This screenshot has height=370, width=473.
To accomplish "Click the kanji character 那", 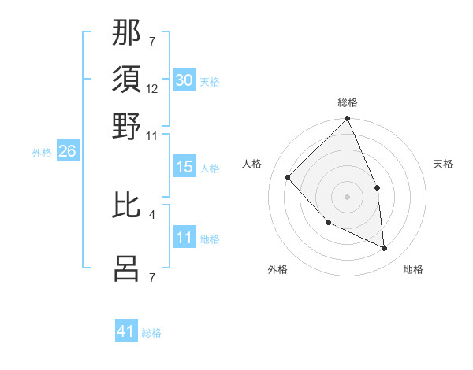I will (x=126, y=34).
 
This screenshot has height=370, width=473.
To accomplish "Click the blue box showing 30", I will (x=184, y=80).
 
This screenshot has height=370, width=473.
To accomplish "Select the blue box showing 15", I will (x=184, y=167).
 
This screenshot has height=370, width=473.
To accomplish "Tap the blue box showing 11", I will (x=184, y=239).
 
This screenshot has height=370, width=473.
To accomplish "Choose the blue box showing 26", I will (x=67, y=152).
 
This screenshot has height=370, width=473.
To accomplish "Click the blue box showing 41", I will (x=126, y=331).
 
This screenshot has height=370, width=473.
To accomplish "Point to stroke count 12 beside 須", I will (x=152, y=89).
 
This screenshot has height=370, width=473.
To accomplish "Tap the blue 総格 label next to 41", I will (x=152, y=333).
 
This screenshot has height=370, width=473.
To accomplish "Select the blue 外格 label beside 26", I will (x=42, y=154).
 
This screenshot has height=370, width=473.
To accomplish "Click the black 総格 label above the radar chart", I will (x=348, y=103).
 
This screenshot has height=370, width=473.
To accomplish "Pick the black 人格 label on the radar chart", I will (x=251, y=164).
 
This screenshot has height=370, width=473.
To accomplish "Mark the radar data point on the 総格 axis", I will (x=348, y=120).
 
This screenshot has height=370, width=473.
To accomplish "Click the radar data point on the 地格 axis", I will (x=384, y=249).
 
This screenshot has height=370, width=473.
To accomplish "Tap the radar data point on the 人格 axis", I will (x=288, y=177).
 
